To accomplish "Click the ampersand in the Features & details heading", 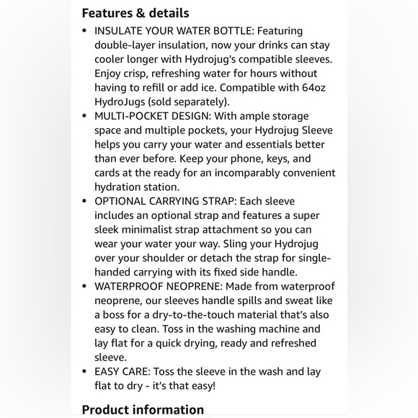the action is (133, 13).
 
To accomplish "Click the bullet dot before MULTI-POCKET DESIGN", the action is (85, 116).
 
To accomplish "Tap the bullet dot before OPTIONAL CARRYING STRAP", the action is (85, 201).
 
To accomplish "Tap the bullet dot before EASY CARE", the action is (85, 371).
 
